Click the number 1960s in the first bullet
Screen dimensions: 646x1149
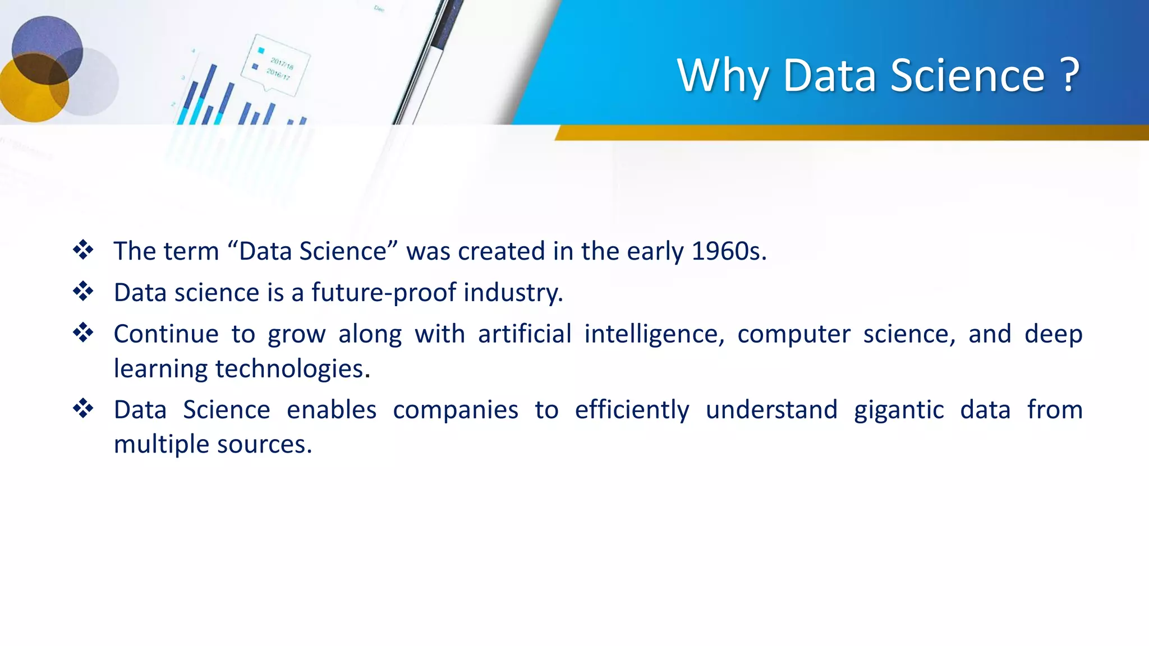728,251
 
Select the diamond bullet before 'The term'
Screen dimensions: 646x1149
83,250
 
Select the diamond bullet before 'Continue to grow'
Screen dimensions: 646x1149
83,333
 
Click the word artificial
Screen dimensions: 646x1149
525,334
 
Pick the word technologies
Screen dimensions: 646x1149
292,369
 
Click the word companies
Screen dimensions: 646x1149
455,410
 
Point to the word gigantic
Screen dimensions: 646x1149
898,410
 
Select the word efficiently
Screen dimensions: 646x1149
632,410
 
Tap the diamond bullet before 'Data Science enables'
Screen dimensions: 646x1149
83,408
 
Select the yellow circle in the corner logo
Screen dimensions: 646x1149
28,95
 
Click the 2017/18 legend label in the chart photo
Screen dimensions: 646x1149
282,63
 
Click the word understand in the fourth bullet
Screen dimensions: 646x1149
771,410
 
